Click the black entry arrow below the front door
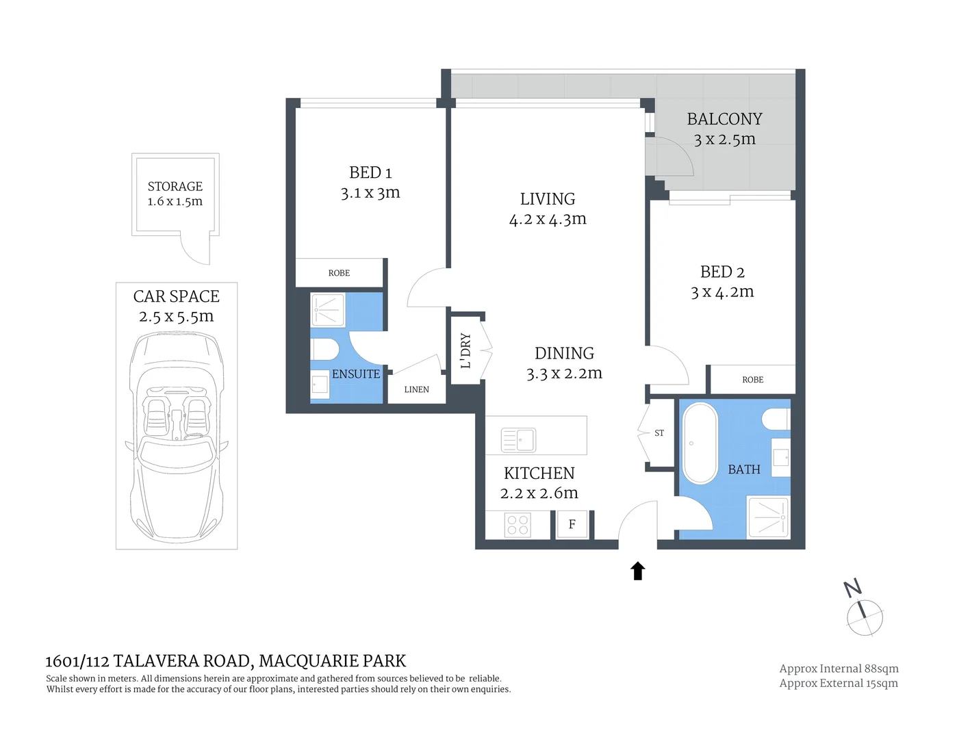point(638,571)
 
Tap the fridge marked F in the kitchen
point(572,525)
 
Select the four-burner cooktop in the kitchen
point(518,525)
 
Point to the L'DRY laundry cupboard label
point(466,350)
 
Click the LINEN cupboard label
point(416,389)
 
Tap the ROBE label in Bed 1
point(339,273)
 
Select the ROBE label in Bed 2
point(752,380)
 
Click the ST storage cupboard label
point(659,433)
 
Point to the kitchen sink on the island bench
point(518,440)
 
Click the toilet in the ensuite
point(325,350)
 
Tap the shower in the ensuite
point(328,310)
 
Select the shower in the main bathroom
point(768,517)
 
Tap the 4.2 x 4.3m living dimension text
point(548,220)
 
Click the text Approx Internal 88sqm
point(839,669)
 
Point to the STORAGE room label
point(175,186)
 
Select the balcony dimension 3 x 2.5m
point(724,140)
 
